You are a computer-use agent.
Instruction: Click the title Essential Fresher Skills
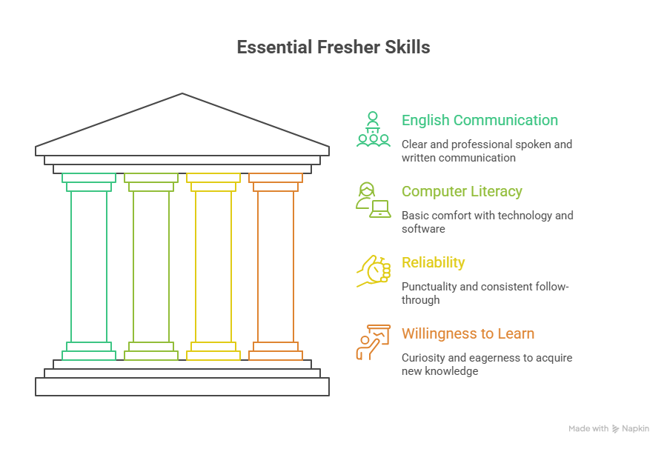[x=333, y=47]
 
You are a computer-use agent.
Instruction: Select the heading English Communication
[x=479, y=120]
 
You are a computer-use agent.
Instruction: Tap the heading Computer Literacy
[x=462, y=191]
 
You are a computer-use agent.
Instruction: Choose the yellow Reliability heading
[x=433, y=262]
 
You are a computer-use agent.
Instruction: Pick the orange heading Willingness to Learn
[x=468, y=333]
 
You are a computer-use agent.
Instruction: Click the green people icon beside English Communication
[x=373, y=129]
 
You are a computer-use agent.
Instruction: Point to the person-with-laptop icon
[x=373, y=200]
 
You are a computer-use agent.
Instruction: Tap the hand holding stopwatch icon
[x=373, y=271]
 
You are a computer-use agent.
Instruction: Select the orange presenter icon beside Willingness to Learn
[x=373, y=342]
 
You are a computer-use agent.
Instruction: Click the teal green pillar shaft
[x=89, y=267]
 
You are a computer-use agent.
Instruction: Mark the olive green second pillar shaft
[x=151, y=267]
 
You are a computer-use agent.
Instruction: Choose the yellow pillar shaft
[x=213, y=267]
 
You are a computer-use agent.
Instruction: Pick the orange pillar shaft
[x=276, y=267]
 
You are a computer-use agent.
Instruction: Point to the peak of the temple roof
[x=182, y=95]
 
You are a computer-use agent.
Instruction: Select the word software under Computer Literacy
[x=423, y=229]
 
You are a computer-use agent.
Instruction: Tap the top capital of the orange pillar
[x=276, y=182]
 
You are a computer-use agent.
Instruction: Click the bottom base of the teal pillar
[x=89, y=352]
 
